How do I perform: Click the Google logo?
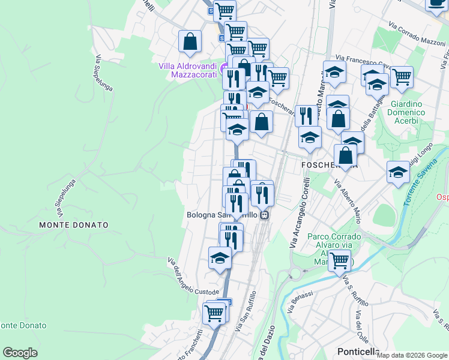point(20,353)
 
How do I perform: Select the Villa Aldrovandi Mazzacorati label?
point(187,70)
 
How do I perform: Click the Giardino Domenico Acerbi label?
point(406,112)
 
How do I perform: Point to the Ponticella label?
point(358,352)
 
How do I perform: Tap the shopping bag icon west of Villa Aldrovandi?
point(190,41)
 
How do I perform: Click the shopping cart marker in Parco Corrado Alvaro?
point(340,261)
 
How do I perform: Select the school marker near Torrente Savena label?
point(398,172)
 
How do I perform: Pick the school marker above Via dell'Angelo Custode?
point(220,258)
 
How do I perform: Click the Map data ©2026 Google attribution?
point(412,355)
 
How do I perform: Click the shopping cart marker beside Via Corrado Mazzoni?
point(401,76)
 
